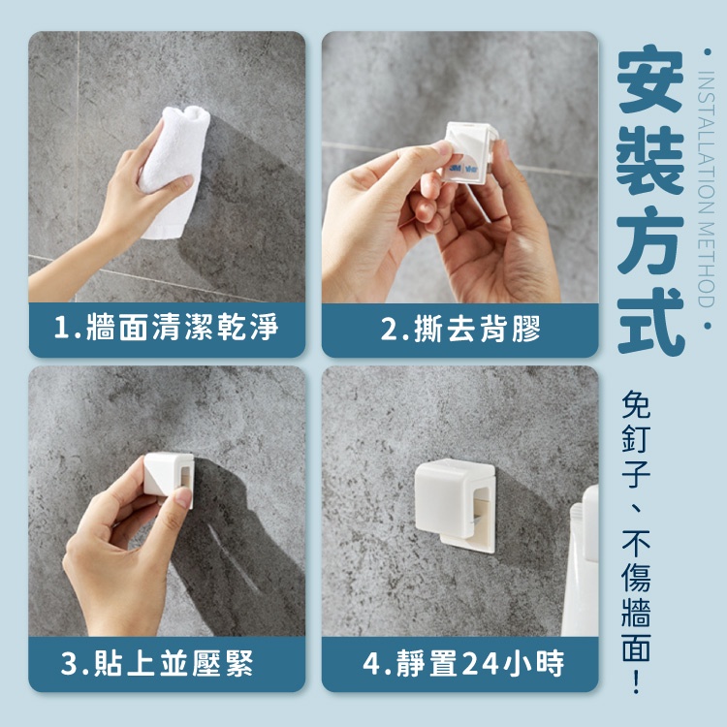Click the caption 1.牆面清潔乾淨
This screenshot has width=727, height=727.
167,328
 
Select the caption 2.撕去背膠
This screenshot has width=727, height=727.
460,329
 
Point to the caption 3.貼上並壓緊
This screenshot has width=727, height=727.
157,663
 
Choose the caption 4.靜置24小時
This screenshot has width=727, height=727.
462,663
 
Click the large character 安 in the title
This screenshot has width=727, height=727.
650,79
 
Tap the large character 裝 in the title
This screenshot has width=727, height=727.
650,161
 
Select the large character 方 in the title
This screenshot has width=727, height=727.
650,241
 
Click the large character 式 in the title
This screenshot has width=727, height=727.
650,322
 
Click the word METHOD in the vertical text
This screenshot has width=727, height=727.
706,265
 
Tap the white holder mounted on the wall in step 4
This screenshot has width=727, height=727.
455,505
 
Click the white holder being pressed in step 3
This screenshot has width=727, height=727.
168,478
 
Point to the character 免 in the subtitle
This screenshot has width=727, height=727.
636,404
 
